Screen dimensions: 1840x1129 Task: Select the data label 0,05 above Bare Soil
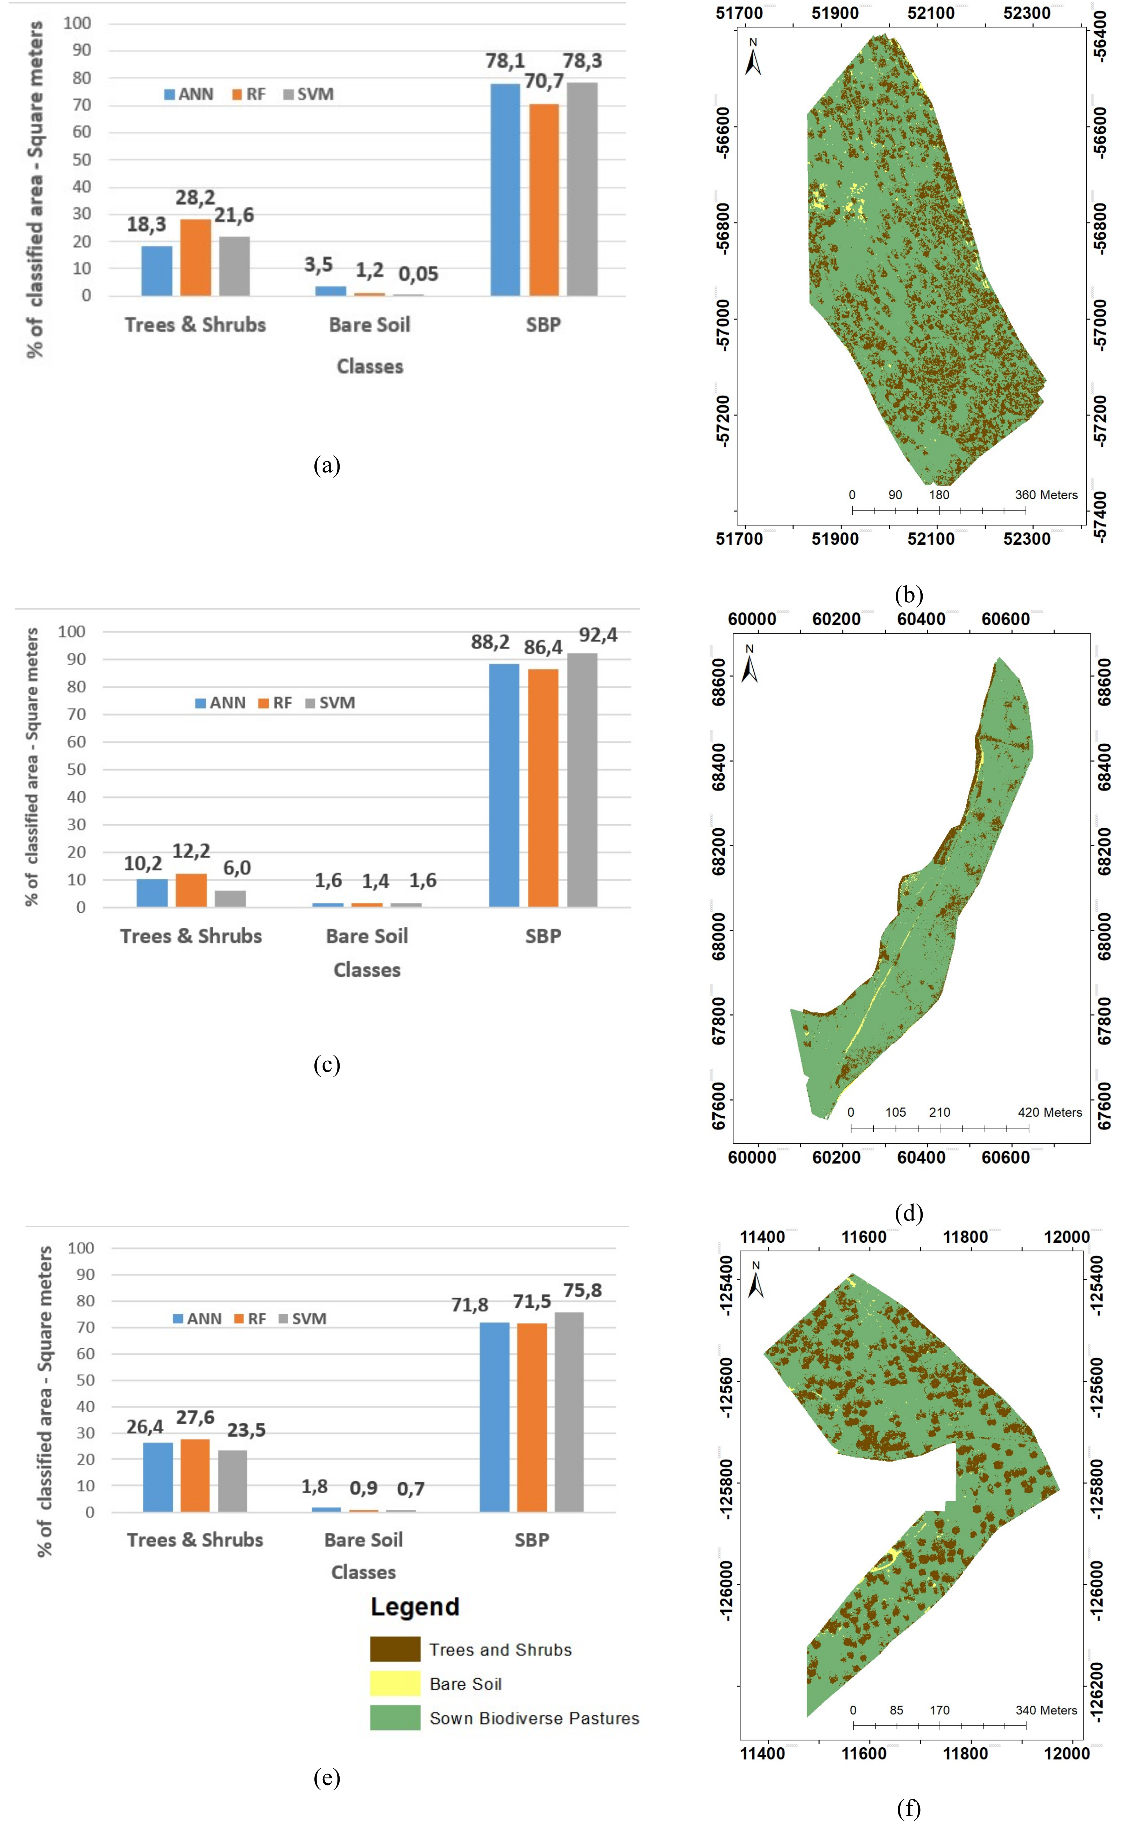click(418, 274)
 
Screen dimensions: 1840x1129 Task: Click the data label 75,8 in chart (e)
click(582, 1290)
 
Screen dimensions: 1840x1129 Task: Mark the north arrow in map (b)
click(753, 58)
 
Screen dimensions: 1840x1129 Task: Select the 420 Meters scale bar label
click(1049, 1112)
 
